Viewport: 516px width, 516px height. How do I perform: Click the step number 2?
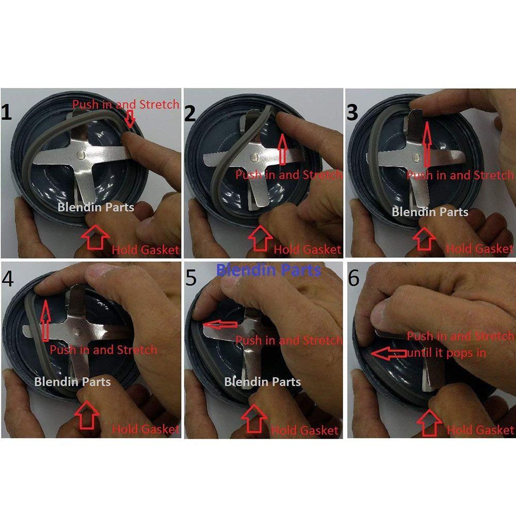pyautogui.click(x=190, y=113)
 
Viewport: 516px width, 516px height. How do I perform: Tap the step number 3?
pyautogui.click(x=352, y=112)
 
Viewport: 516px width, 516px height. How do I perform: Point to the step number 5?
pyautogui.click(x=191, y=279)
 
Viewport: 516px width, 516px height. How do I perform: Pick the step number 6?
pyautogui.click(x=353, y=279)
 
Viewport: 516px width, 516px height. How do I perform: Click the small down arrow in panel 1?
pyautogui.click(x=130, y=119)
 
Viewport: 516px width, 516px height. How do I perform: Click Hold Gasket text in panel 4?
pyautogui.click(x=146, y=428)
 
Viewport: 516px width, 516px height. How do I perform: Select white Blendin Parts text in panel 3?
pyautogui.click(x=430, y=211)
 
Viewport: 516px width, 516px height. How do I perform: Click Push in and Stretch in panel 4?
pyautogui.click(x=103, y=349)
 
